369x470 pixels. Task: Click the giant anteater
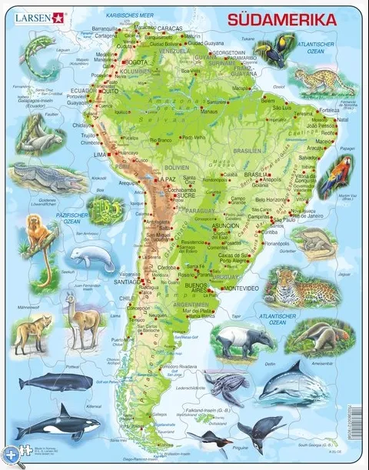click(x=328, y=336)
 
